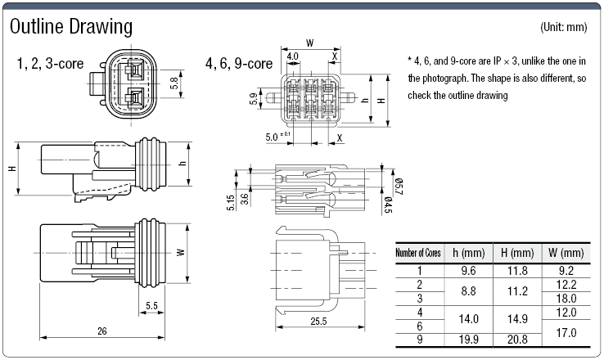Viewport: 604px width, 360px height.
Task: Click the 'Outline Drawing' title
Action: [x=70, y=26]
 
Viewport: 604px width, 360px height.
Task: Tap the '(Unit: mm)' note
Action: [x=564, y=27]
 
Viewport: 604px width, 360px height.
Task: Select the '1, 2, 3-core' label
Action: [x=51, y=62]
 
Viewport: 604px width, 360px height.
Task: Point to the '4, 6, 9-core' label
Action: [x=239, y=62]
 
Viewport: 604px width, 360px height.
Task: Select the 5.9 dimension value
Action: [x=254, y=100]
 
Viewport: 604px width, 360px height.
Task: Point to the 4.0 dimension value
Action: [x=293, y=56]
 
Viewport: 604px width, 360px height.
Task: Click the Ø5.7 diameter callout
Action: [x=399, y=186]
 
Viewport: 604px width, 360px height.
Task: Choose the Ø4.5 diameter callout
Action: [x=387, y=202]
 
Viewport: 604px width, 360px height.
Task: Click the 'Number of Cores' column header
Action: [x=418, y=253]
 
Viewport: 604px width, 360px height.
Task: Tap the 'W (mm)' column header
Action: [x=566, y=253]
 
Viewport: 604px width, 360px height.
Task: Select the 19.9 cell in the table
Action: [x=468, y=338]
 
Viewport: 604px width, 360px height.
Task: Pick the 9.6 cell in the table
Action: [x=468, y=270]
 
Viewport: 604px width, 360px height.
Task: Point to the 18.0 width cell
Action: [x=566, y=298]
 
